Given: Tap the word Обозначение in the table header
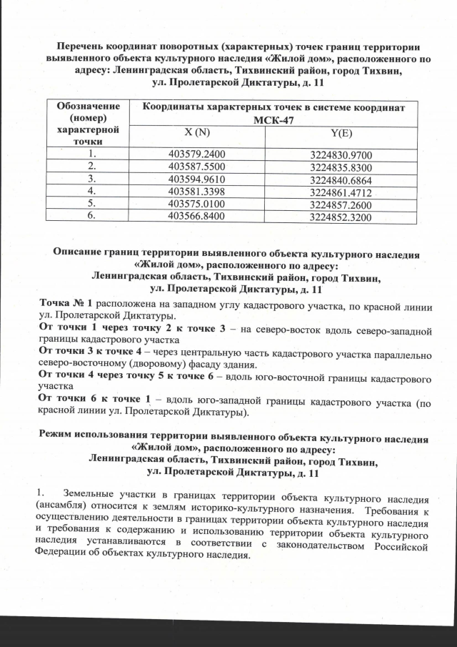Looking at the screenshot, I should click(91, 107).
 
